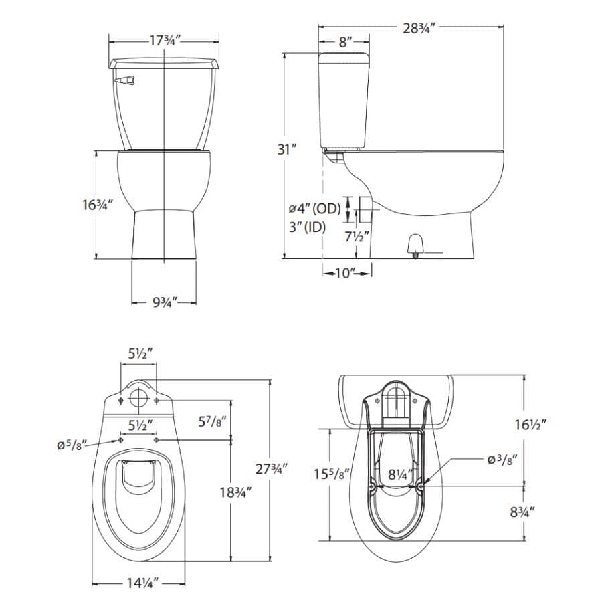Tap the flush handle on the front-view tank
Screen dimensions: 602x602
[x=125, y=81]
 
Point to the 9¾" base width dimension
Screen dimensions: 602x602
[x=163, y=303]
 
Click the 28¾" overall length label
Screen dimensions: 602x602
[x=419, y=28]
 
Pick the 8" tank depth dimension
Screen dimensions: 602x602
[x=344, y=43]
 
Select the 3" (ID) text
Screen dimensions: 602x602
[x=306, y=227]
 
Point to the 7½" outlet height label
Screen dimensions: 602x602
[x=356, y=236]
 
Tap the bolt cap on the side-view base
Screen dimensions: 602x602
[x=415, y=245]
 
